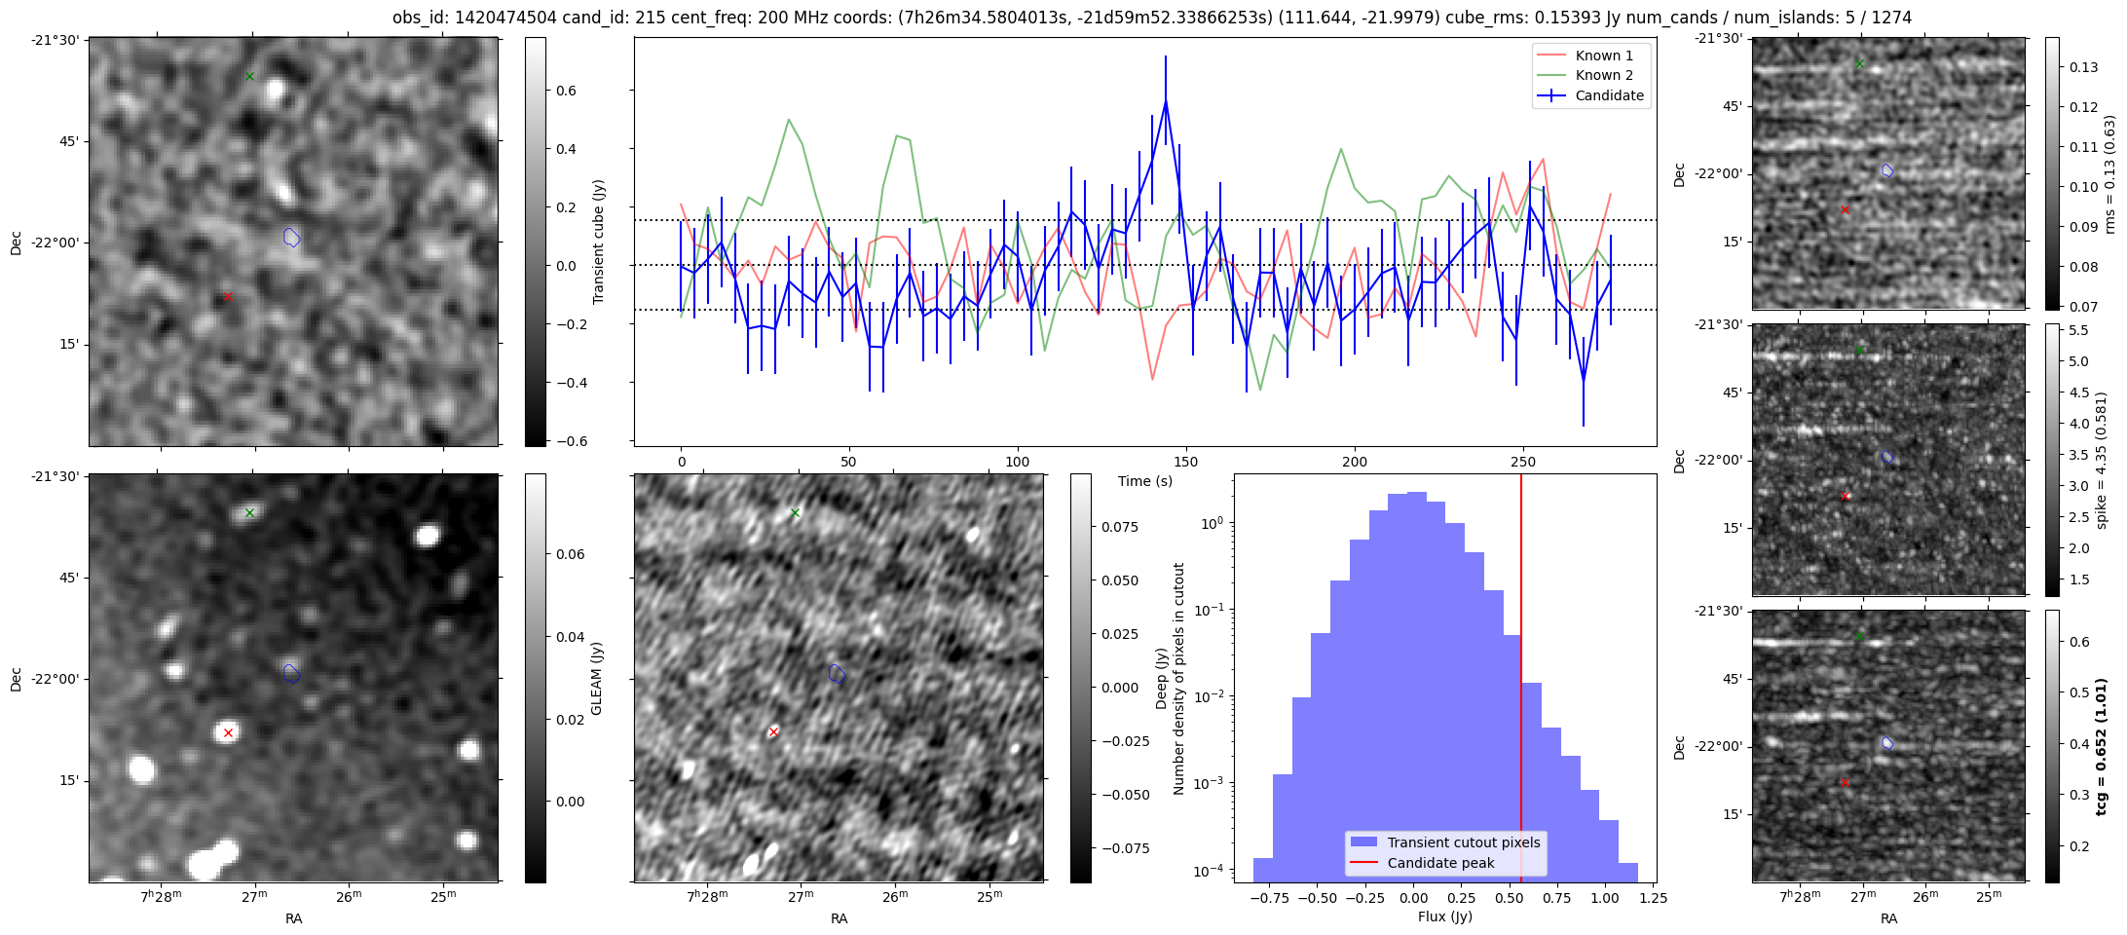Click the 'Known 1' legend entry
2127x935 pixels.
tap(1604, 56)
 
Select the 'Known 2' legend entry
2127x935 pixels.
tap(1604, 75)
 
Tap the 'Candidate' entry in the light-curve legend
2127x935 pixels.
tap(1609, 95)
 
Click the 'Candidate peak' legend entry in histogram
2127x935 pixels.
tap(1440, 863)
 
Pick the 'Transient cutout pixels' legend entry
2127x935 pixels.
tap(1464, 842)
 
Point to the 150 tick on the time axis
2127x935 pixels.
tap(1186, 462)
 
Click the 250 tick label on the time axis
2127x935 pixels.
tap(1522, 462)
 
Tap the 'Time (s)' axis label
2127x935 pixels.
tap(1145, 481)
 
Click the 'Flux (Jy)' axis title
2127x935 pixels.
tap(1445, 916)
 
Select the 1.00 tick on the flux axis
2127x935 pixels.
tap(1605, 898)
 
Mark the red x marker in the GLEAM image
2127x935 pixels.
tap(228, 732)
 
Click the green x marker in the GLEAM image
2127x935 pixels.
tap(249, 512)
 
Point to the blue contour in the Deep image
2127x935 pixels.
tap(837, 673)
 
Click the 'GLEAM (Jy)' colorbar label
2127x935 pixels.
tap(597, 678)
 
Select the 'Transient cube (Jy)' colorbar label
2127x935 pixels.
tap(599, 242)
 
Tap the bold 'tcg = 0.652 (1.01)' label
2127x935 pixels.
tap(2102, 747)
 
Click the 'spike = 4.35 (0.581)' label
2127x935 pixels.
tap(2102, 461)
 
